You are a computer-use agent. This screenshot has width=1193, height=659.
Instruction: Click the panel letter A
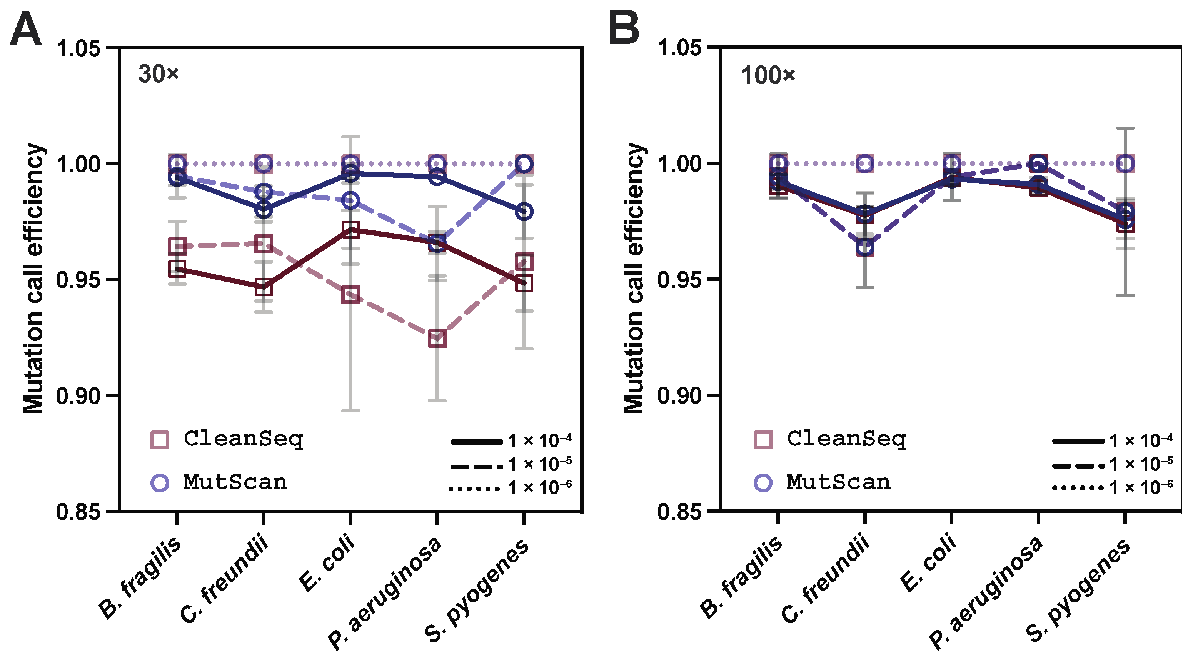25,29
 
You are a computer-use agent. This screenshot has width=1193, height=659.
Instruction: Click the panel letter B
624,29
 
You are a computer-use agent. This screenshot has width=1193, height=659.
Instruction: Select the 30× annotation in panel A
159,74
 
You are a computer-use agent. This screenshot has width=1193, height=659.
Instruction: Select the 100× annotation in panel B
768,75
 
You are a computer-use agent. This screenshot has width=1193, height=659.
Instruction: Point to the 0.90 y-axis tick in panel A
78,396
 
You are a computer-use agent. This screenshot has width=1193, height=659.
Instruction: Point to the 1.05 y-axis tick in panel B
679,48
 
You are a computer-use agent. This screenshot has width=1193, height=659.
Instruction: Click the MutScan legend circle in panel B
763,482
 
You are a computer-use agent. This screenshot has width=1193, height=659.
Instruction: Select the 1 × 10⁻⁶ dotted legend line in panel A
475,489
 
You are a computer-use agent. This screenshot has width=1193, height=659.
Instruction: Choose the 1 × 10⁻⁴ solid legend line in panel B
1078,441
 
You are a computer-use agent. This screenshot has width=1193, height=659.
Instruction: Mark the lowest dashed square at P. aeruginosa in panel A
437,338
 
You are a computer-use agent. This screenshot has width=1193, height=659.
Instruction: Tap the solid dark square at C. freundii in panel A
264,287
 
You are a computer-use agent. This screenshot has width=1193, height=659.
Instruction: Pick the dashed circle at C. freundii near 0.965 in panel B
865,247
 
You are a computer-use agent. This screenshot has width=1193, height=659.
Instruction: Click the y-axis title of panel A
33,278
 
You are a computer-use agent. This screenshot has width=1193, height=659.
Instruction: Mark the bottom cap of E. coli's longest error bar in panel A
350,410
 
